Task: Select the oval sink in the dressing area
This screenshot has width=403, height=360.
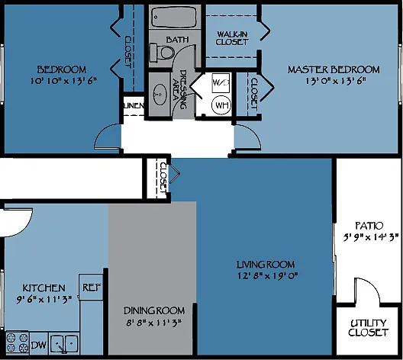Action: pos(160,95)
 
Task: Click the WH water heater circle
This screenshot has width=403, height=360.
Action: pos(221,105)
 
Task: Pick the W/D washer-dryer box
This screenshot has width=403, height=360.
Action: pos(221,82)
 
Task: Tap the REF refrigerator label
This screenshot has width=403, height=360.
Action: pos(92,288)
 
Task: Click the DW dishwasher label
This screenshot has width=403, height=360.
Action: pos(39,345)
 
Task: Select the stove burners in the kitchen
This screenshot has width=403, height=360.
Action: pos(18,343)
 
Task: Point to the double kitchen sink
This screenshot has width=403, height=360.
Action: pos(64,343)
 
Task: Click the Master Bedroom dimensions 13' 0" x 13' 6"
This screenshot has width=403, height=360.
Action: pos(335,81)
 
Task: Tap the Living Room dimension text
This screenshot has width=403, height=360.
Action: pos(267,276)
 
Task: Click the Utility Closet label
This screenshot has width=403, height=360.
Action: pos(369,328)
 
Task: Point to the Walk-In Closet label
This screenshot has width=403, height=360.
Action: pos(232,38)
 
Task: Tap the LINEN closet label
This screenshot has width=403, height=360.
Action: pos(134,105)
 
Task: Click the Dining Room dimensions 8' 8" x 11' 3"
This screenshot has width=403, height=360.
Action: pos(154,323)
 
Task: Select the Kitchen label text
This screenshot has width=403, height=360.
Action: pos(44,288)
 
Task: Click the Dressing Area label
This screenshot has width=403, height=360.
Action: pos(179,89)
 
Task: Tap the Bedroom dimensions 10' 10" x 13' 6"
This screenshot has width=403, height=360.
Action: pos(63,81)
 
